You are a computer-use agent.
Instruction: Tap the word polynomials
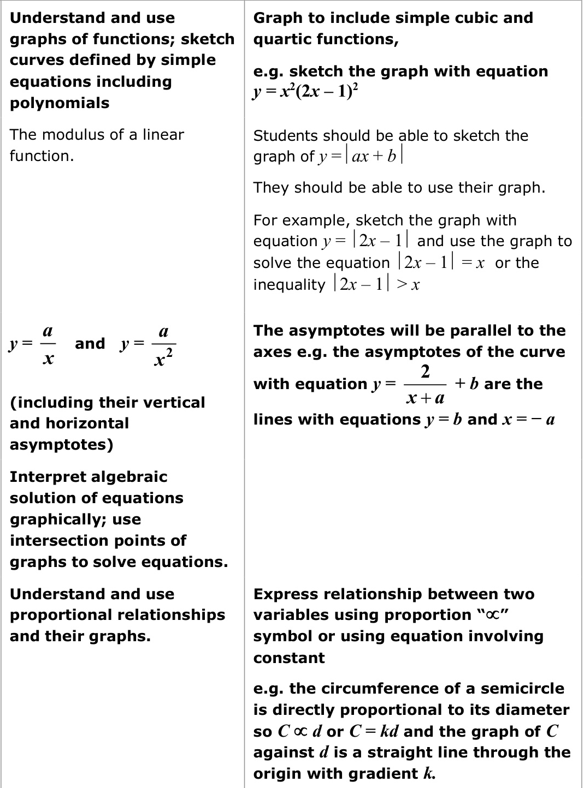coord(60,103)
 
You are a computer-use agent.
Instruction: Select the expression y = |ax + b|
coord(361,156)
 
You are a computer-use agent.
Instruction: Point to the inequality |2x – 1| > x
coord(376,284)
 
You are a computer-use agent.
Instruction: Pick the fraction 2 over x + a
coord(426,384)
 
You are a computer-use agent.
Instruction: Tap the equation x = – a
coord(528,419)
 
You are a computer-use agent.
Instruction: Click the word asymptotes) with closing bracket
coord(61,444)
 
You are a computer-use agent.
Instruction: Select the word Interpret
coord(44,476)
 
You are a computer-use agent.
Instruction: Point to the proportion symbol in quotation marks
coord(493,615)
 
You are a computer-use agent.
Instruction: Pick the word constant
coord(289,658)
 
